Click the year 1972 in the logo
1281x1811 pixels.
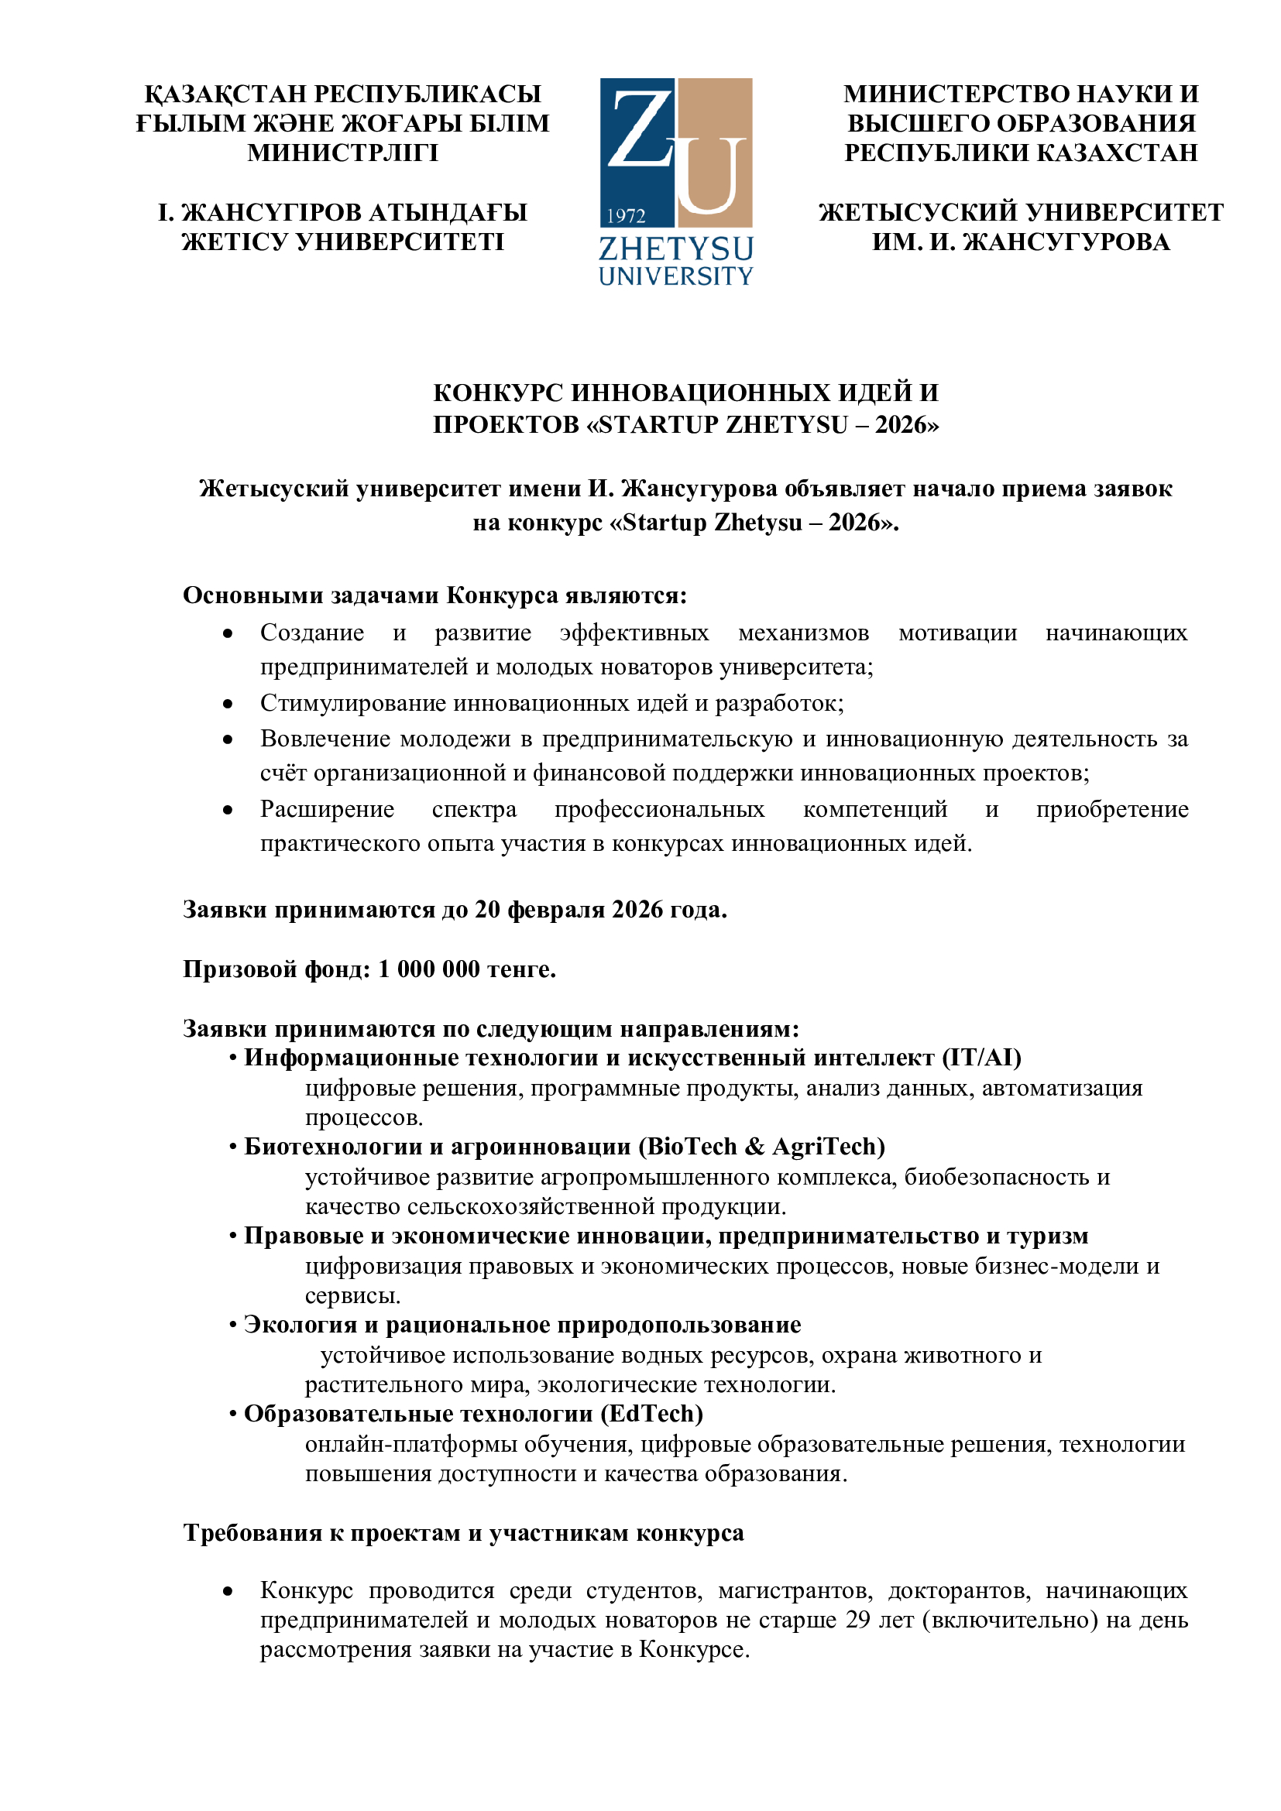627,216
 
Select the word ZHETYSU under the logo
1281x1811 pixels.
676,249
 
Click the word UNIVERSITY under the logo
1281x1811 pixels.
676,277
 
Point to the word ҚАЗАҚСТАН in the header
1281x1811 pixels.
225,94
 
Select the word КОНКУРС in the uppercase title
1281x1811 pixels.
498,393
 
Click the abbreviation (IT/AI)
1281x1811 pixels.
981,1058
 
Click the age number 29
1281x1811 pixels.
859,1620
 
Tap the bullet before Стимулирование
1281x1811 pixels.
228,704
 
